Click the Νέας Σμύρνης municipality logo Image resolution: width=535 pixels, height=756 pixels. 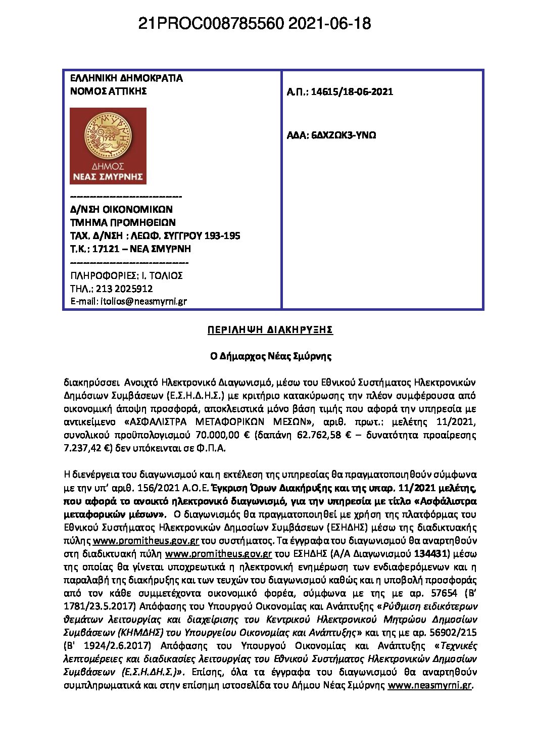click(x=108, y=146)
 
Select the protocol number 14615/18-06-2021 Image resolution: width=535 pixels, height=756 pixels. click(x=352, y=91)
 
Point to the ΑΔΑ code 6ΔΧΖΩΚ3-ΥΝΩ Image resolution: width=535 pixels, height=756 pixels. click(x=344, y=135)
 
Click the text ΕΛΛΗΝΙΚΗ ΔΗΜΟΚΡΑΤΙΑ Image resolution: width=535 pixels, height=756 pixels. click(x=126, y=78)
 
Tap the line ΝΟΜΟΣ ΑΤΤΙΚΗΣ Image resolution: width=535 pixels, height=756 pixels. click(x=108, y=91)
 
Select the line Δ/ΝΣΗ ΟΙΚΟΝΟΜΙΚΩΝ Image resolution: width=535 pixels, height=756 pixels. click(x=121, y=209)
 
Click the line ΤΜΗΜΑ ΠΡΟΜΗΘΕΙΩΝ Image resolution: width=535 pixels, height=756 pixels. click(x=123, y=222)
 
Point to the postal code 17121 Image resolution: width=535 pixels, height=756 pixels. click(x=106, y=249)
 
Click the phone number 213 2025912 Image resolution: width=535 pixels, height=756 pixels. click(x=124, y=289)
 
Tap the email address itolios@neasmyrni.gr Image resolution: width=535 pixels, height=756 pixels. click(x=143, y=301)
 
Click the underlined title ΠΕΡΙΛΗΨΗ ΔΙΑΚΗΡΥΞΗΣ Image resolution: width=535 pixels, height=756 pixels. click(x=270, y=330)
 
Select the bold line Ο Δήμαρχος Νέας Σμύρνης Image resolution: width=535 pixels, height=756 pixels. click(x=271, y=356)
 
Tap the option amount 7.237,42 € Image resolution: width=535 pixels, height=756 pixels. click(x=87, y=448)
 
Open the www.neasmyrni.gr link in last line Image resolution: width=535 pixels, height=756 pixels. click(x=429, y=685)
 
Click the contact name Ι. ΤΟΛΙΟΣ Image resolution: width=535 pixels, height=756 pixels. click(x=162, y=275)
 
